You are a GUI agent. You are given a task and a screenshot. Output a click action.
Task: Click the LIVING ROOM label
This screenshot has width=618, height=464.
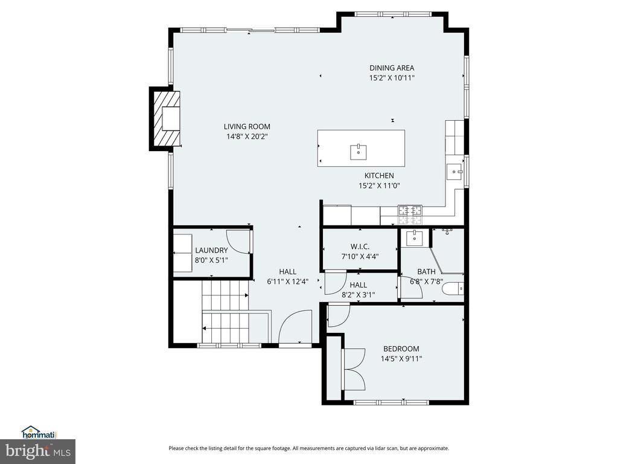(247, 127)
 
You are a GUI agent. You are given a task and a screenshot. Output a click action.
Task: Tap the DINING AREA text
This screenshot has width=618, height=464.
(392, 68)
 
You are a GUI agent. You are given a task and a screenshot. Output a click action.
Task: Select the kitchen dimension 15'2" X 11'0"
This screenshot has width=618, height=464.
(379, 185)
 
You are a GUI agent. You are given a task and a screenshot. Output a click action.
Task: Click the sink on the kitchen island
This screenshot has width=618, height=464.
(358, 152)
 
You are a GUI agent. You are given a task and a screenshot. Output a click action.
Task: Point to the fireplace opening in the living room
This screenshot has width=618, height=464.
(171, 119)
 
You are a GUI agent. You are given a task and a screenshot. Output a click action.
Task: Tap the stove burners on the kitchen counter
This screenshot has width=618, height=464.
(410, 215)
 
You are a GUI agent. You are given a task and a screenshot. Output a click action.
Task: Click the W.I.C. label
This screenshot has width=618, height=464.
(360, 246)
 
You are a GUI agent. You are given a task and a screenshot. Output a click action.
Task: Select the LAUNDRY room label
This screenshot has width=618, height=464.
(212, 250)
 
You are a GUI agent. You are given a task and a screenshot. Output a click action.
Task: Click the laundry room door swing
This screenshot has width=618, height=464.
(238, 242)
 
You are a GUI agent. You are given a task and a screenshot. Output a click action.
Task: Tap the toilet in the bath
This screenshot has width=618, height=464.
(453, 288)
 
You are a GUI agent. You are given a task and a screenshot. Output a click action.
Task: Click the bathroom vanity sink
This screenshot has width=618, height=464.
(414, 238)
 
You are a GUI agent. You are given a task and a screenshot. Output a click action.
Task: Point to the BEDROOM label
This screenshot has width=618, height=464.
(401, 349)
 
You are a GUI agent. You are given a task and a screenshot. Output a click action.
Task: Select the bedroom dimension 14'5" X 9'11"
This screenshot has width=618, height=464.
(401, 359)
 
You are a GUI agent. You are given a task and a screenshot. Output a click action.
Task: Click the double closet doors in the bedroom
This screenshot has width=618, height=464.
(355, 369)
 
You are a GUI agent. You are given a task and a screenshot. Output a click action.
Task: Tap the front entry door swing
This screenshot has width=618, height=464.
(295, 327)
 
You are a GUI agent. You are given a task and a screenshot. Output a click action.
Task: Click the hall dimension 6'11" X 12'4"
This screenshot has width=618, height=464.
(288, 282)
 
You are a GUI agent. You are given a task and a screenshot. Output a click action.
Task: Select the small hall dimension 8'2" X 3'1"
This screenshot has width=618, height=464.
(358, 294)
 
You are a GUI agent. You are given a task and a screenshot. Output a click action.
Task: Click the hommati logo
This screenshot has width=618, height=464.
(39, 433)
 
